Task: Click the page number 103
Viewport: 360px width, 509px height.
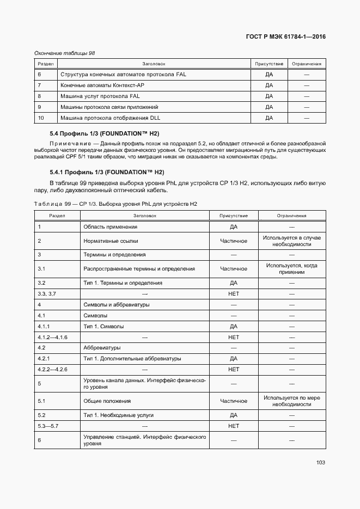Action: tap(320, 462)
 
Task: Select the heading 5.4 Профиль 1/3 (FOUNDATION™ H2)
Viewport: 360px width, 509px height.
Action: tap(104, 134)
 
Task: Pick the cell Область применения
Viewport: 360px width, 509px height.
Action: tap(109, 226)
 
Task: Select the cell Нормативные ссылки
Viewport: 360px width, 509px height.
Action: tap(111, 241)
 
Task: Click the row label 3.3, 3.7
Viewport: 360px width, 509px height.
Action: tap(47, 293)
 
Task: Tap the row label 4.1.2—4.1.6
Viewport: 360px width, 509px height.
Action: tap(52, 338)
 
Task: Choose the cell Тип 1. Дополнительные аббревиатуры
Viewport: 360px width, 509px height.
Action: tap(132, 359)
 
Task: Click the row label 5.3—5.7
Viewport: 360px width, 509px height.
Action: tap(48, 426)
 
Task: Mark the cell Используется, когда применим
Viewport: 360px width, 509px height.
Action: tap(292, 269)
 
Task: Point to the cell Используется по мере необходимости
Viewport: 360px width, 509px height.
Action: tap(292, 401)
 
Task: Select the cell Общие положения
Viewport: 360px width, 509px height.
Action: tap(107, 401)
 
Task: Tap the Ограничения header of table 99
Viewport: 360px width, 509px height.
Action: tap(292, 216)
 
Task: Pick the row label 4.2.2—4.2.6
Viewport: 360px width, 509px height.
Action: tap(52, 370)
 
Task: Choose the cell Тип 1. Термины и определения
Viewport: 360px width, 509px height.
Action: tap(123, 283)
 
